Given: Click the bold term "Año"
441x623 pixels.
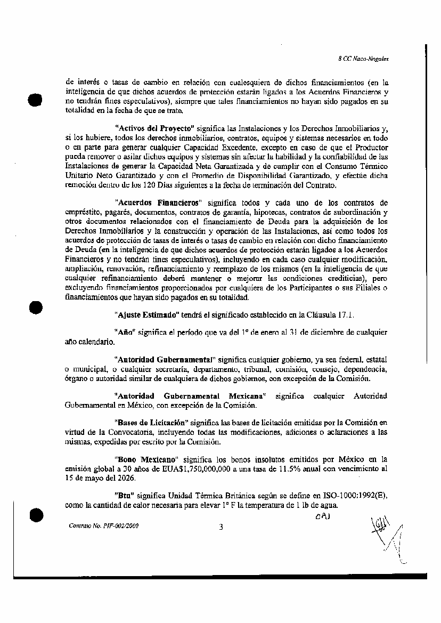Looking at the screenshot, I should point(124,332).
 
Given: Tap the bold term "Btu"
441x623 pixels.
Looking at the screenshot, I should point(124,495).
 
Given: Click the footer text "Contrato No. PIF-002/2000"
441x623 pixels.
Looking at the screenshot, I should point(104,525).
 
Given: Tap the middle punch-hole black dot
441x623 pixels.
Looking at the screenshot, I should point(35,308).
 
